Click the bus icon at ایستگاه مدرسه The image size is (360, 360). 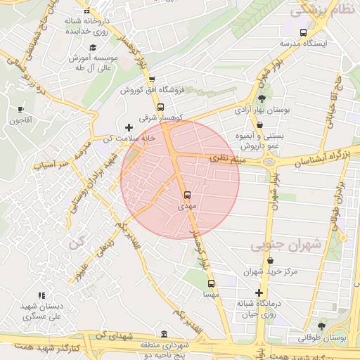(x=303, y=32)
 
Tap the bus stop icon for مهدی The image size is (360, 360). (x=187, y=195)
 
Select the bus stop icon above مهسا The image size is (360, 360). (x=211, y=283)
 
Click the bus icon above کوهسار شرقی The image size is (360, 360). (x=161, y=107)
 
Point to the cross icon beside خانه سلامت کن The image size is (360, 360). (x=128, y=127)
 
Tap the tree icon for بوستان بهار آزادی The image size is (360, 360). (x=262, y=99)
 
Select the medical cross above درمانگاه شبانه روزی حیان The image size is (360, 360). (x=259, y=292)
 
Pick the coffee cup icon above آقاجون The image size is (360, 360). (x=20, y=109)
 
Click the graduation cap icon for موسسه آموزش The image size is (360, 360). (x=93, y=46)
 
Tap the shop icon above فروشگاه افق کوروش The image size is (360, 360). (x=151, y=79)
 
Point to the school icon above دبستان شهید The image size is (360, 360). (x=41, y=295)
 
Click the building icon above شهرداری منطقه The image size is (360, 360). (x=164, y=334)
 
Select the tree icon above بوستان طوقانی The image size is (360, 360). (x=321, y=326)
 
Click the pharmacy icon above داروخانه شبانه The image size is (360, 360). (x=86, y=11)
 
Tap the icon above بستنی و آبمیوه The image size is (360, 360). (x=260, y=125)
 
